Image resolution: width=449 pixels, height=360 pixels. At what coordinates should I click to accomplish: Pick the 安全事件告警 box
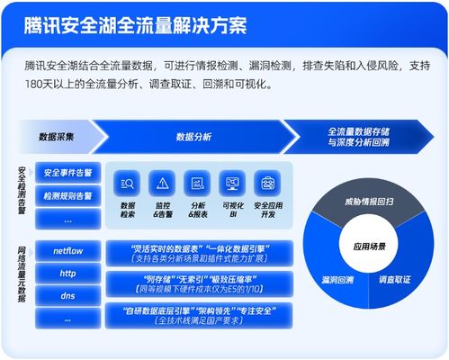(x=67, y=172)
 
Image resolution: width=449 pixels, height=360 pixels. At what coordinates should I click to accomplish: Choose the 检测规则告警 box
(x=67, y=195)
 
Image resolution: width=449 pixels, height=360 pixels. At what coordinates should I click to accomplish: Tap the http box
(x=67, y=273)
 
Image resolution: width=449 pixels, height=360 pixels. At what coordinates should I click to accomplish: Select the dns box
(x=67, y=295)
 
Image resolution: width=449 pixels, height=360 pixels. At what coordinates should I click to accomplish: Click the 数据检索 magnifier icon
(x=128, y=184)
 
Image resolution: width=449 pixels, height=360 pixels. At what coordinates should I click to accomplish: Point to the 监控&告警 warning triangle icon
(x=163, y=184)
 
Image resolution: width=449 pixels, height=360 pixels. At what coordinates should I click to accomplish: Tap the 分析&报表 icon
(x=197, y=184)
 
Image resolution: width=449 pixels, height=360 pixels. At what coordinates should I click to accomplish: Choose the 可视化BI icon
(x=232, y=184)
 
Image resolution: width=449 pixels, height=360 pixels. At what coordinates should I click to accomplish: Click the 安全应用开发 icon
(x=267, y=184)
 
